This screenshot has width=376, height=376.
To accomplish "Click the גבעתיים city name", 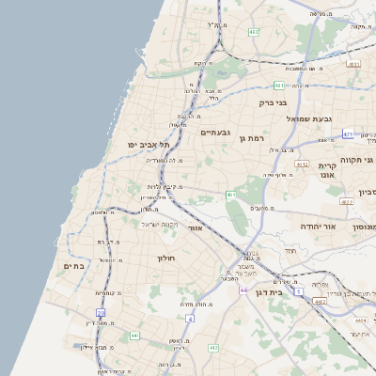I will click(x=215, y=133).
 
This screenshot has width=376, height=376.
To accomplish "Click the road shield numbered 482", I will click(x=254, y=32).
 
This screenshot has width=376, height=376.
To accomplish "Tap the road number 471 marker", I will click(x=349, y=134).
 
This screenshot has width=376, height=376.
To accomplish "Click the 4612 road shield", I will click(x=302, y=164).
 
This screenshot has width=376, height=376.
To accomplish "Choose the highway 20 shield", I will click(x=101, y=311).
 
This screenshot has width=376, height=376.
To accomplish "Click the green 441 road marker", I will click(x=135, y=335).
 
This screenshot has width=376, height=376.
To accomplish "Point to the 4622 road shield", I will click(x=320, y=302).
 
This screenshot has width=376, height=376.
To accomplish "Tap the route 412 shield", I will click(x=213, y=348).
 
